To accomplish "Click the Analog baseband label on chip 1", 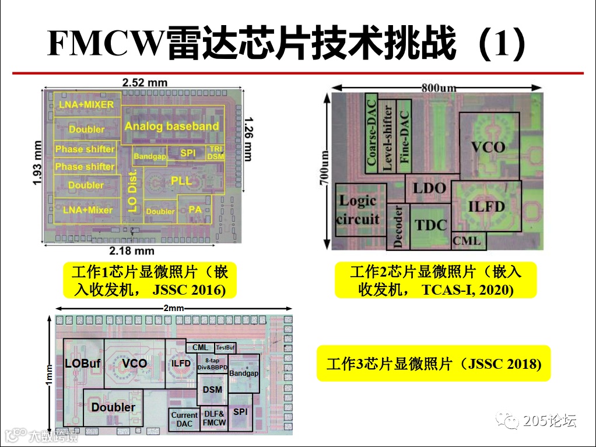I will click(171, 126).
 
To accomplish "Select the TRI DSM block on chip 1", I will click(216, 153).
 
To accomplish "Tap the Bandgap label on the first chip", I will click(150, 156).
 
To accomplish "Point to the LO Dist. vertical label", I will click(132, 191).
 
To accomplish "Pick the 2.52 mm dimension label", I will click(145, 82).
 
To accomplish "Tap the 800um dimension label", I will click(438, 88).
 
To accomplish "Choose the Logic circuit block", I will click(357, 210).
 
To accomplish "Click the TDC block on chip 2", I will click(430, 225).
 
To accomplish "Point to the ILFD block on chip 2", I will click(486, 206).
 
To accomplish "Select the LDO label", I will click(429, 188).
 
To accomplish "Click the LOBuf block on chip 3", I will click(82, 364).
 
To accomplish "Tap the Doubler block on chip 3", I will click(113, 407).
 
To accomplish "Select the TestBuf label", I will click(225, 348).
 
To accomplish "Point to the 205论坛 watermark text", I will click(549, 420).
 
